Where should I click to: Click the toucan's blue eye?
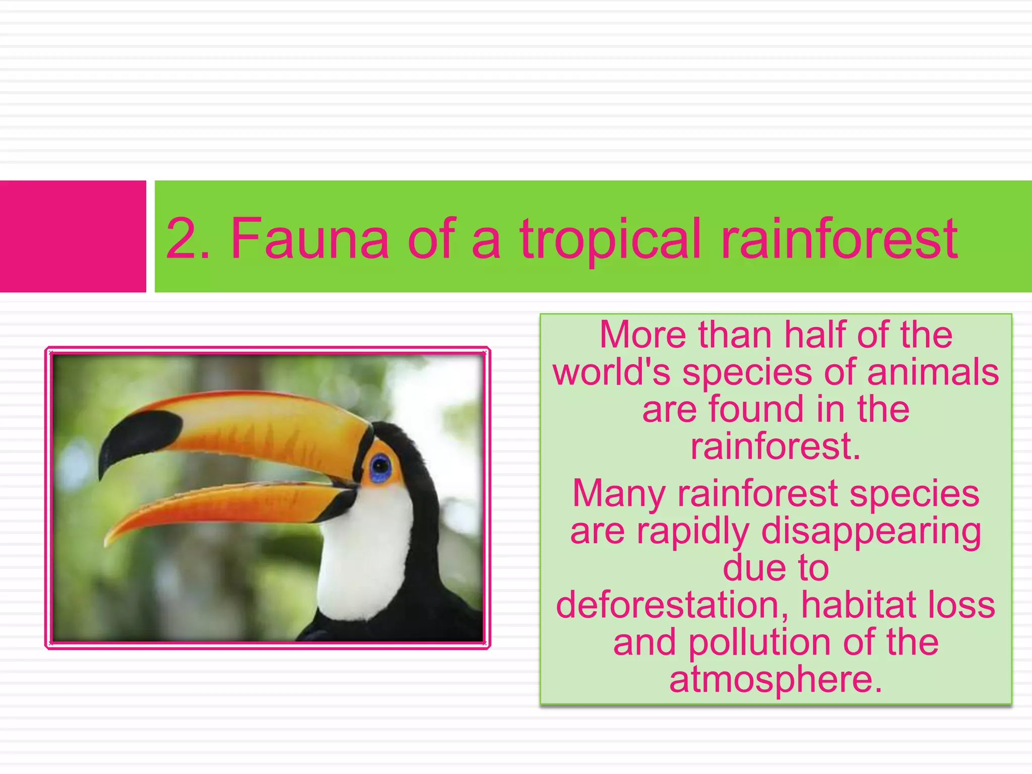tap(380, 467)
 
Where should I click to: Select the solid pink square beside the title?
tap(73, 236)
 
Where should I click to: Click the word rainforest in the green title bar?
tap(839, 238)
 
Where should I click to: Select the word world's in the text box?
tap(612, 372)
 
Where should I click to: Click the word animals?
tap(933, 372)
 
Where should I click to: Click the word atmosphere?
tap(776, 680)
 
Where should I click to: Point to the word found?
tap(756, 409)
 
